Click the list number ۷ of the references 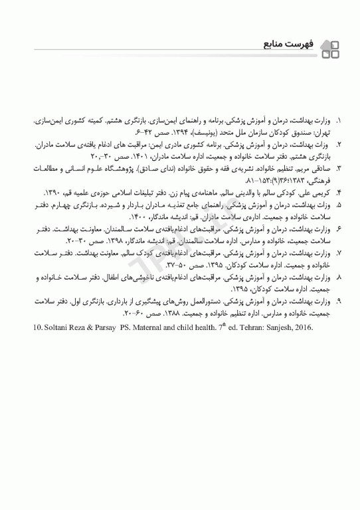tap(339, 253)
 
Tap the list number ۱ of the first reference tap(339, 123)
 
